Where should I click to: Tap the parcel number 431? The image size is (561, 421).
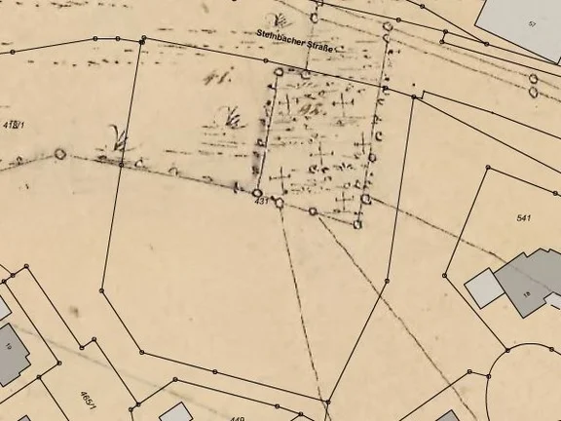tap(260, 200)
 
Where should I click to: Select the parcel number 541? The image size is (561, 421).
tap(524, 217)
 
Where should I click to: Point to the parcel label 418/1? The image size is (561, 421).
tap(13, 125)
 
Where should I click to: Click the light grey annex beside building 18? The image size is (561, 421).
tap(483, 287)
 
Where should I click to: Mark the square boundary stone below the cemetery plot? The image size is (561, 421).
tap(357, 224)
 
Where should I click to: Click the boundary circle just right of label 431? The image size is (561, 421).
tap(279, 203)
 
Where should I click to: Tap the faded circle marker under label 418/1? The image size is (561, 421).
tap(60, 153)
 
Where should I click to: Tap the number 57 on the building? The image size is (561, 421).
tap(532, 22)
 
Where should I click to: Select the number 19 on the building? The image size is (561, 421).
tap(8, 345)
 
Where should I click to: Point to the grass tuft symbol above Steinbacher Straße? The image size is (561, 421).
tap(280, 19)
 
